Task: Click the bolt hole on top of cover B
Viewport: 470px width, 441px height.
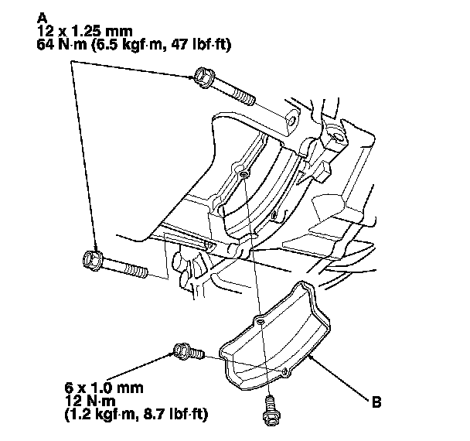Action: [261, 319]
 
